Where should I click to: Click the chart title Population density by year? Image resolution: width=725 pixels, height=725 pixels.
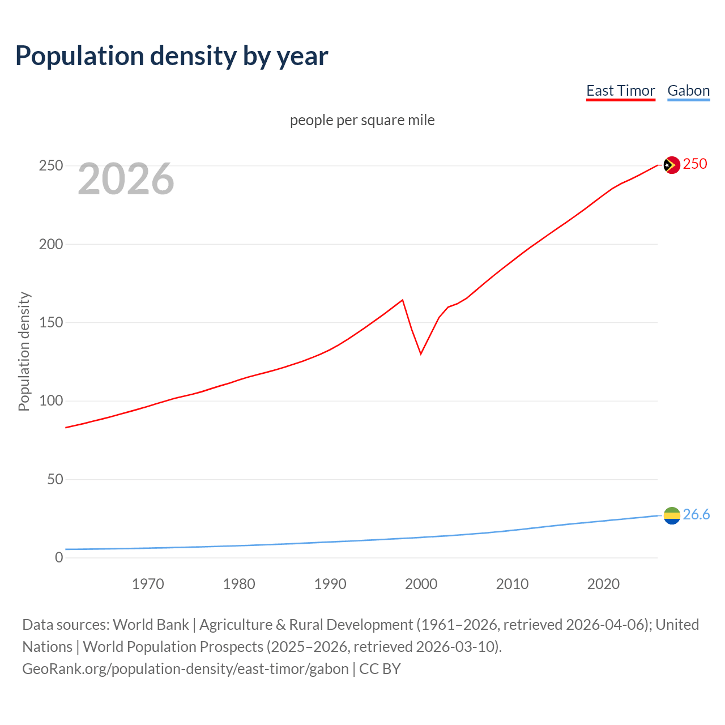tap(172, 56)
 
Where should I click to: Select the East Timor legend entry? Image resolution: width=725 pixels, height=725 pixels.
tap(620, 91)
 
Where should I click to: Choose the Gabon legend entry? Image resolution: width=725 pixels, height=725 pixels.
tap(688, 91)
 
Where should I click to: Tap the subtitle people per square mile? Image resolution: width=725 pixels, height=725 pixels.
tap(362, 120)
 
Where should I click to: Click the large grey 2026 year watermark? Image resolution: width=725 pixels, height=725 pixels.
tap(126, 179)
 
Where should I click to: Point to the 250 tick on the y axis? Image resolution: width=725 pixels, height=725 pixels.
tap(51, 166)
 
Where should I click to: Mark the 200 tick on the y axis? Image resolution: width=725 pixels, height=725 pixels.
tap(51, 244)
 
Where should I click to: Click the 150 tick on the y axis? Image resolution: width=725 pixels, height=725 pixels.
tap(51, 323)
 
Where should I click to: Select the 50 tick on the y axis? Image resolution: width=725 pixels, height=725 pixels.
tap(55, 479)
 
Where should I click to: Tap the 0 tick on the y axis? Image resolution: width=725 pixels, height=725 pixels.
tap(59, 557)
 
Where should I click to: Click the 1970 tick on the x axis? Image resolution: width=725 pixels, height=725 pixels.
tap(148, 584)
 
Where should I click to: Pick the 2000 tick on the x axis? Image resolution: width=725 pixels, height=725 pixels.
tap(421, 584)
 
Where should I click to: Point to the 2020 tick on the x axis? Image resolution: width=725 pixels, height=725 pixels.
tap(603, 584)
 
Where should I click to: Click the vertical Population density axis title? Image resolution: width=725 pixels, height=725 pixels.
tap(24, 351)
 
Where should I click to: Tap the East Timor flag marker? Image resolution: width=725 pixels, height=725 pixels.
tap(671, 165)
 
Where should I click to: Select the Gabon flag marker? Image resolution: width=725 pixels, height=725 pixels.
tap(671, 515)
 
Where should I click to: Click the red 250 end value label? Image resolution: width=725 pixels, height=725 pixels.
tap(695, 164)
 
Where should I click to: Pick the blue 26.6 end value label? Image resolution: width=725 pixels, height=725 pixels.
tap(696, 514)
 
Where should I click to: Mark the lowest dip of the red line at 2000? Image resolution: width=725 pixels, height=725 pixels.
tap(421, 353)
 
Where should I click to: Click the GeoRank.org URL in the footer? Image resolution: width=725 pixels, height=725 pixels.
tap(185, 669)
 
